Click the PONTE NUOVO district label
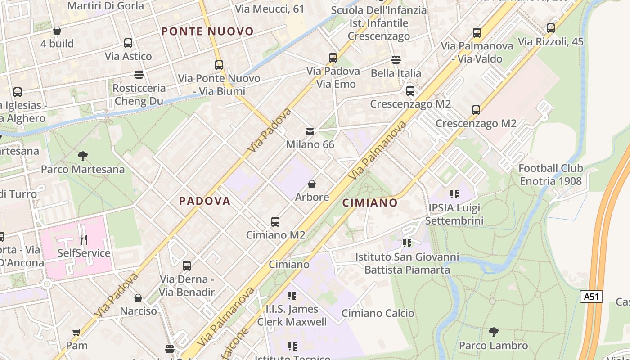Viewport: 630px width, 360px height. click(207, 31)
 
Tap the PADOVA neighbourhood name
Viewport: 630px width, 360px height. click(205, 201)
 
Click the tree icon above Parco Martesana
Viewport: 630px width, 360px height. click(82, 156)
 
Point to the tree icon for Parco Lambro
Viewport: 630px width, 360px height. click(493, 332)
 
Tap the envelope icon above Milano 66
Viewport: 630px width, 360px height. click(310, 132)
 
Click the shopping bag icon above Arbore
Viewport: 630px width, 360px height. click(311, 184)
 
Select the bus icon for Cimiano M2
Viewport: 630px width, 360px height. click(275, 221)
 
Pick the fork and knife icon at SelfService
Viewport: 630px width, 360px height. click(83, 239)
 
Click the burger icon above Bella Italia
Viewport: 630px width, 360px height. click(396, 60)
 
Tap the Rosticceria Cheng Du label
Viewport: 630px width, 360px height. click(139, 94)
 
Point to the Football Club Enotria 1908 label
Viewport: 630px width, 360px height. click(550, 175)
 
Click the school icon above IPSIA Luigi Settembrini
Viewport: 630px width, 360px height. click(454, 194)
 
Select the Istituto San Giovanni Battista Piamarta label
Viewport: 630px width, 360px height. click(407, 263)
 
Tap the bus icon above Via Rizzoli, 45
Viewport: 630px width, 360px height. click(550, 28)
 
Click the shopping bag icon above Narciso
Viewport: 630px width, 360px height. click(138, 298)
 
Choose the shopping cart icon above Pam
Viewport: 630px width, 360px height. click(76, 333)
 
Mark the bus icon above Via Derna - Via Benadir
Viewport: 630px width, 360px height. click(187, 265)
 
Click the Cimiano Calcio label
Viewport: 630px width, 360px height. click(378, 313)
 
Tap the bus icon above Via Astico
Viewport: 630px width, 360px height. click(128, 43)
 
